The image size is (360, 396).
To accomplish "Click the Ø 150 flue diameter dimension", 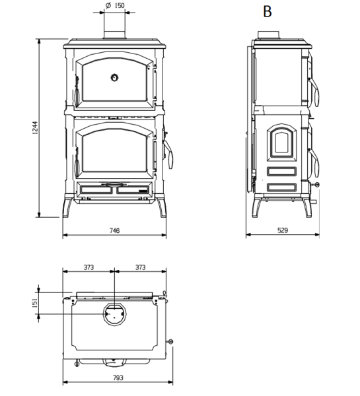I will pyautogui.click(x=113, y=6).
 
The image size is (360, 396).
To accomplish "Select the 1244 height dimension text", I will pyautogui.click(x=35, y=128).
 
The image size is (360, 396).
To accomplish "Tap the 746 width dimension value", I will pyautogui.click(x=114, y=231).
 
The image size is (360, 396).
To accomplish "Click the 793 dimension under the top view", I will pyautogui.click(x=117, y=378).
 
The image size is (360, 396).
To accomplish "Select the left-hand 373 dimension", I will pyautogui.click(x=88, y=267).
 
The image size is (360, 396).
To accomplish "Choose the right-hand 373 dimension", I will pyautogui.click(x=139, y=267).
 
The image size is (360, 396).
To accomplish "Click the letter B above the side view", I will pyautogui.click(x=268, y=12).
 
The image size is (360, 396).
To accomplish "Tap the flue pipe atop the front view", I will pyautogui.click(x=114, y=30).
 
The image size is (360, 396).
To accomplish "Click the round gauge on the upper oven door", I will pyautogui.click(x=114, y=77).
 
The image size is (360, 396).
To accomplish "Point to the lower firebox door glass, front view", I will pyautogui.click(x=114, y=150).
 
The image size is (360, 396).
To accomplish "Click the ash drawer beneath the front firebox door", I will pyautogui.click(x=114, y=191).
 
